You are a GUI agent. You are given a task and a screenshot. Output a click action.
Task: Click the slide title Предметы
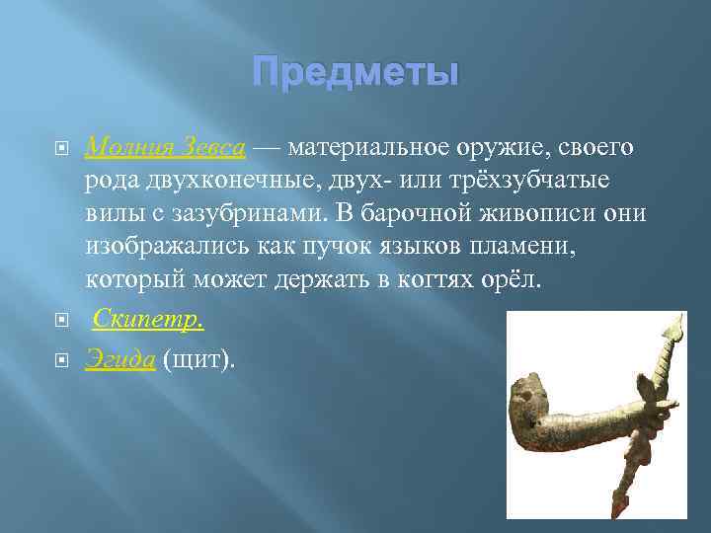pos(355,73)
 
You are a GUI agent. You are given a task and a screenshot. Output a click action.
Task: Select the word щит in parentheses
pos(198,359)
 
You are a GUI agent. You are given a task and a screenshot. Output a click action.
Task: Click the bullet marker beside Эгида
pos(61,361)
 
